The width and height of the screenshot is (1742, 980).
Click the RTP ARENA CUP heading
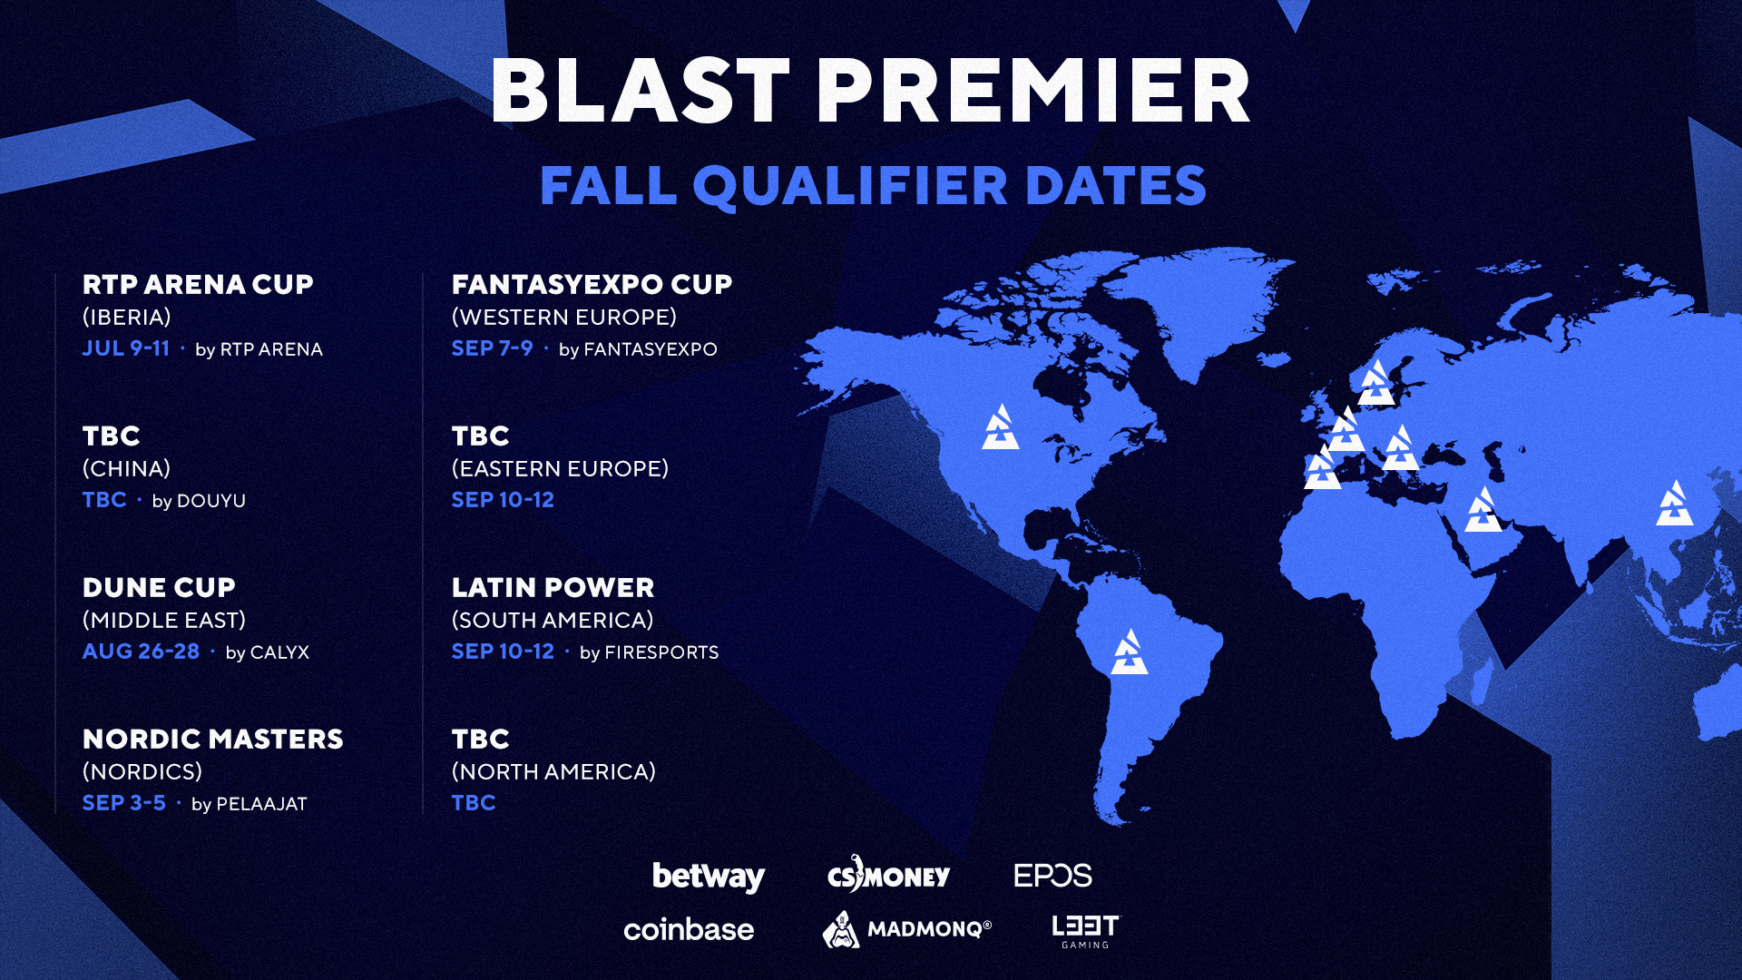point(198,285)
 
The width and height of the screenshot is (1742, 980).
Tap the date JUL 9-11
point(126,348)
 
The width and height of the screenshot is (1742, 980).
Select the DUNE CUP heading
point(159,588)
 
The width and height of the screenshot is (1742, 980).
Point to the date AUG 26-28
point(141,652)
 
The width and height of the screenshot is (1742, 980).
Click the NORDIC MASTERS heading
point(212,740)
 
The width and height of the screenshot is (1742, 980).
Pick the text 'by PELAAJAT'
point(250,804)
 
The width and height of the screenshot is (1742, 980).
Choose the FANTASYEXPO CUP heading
point(592,285)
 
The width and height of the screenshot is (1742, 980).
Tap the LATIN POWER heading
point(553,588)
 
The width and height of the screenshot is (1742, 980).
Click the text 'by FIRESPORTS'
point(649,652)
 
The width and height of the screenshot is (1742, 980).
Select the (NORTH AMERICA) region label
point(553,772)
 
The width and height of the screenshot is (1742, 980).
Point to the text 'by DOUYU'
point(199,501)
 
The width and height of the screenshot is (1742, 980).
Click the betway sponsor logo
point(709,877)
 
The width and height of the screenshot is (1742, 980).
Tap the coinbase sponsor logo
point(689,930)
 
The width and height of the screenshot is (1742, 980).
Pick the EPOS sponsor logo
point(1052,876)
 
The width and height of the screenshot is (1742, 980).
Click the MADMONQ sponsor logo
point(906,929)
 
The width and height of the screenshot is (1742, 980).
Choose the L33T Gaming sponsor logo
point(1086,931)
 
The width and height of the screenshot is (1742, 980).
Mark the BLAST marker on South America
point(1130,652)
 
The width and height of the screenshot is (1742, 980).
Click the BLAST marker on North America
point(1001,428)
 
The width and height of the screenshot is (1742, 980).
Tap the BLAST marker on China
point(1674,505)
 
